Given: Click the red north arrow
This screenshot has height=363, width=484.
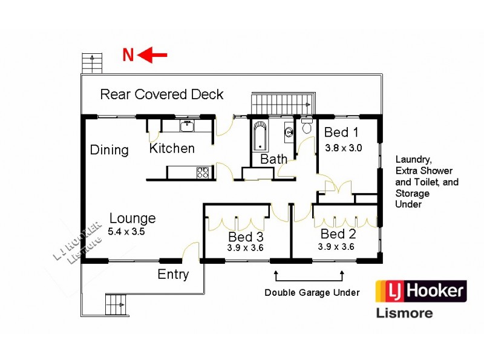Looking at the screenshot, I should (153, 56).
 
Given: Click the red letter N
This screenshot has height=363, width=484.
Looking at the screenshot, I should (128, 56).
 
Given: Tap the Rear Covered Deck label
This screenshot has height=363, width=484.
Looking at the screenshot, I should (162, 94).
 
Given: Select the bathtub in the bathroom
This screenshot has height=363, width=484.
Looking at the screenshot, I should (260, 137).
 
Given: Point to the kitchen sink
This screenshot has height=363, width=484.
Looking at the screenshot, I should (188, 126).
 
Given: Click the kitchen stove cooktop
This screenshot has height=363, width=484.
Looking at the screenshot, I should (203, 172).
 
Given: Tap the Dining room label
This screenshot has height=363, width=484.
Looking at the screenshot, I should (110, 150).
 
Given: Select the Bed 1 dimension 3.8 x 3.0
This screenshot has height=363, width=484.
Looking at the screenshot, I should (343, 147).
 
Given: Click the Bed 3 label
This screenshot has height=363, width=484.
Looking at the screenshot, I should (246, 237).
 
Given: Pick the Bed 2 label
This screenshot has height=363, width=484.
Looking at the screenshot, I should (338, 234).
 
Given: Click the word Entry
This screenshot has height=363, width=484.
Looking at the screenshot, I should (173, 274).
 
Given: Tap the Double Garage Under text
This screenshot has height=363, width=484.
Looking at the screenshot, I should (312, 293).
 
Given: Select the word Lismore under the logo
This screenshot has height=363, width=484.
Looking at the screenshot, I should (405, 313).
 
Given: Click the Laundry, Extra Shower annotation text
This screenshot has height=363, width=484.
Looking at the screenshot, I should (427, 181).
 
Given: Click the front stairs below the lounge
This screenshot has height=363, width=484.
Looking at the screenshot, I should (117, 304).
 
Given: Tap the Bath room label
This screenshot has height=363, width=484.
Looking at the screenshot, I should (273, 159).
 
